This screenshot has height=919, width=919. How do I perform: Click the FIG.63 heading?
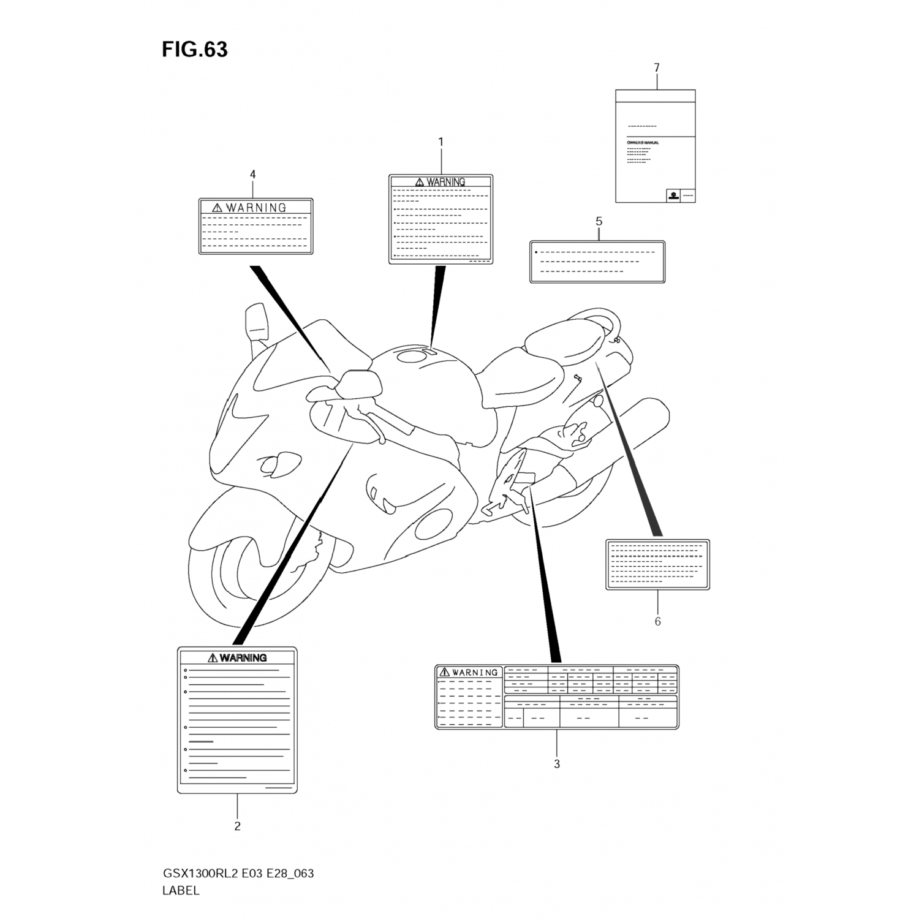coord(194,49)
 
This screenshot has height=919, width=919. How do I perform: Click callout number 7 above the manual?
coord(656,67)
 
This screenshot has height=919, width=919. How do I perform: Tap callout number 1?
coord(441,142)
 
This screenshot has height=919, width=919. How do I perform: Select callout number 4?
coord(252,175)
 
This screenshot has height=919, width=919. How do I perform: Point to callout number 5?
coord(599,221)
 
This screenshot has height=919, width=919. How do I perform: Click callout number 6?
coord(657,621)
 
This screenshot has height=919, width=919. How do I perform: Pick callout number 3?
coord(556,764)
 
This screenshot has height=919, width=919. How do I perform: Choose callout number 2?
coord(237,826)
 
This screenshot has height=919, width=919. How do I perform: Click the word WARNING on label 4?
coord(255,208)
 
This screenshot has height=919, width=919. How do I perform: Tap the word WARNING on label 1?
coord(446,182)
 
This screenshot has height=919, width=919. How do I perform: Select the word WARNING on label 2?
coord(243,658)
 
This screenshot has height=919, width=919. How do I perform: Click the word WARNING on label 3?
coord(475,673)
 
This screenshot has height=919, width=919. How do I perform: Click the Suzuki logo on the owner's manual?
coord(673,196)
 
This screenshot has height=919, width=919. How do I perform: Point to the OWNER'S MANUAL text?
coord(643,143)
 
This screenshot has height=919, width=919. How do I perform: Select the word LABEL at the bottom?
coord(181,891)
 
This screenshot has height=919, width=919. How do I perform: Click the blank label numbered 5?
coord(597,262)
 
